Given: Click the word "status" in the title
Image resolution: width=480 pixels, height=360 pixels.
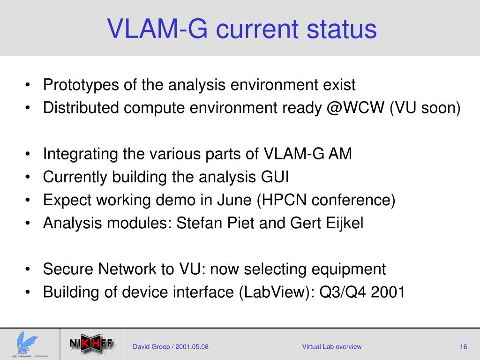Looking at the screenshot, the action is coord(341,29).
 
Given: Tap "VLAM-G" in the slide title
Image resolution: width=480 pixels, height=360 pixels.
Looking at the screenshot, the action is coord(157,29).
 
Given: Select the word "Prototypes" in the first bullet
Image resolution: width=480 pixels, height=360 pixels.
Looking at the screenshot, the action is coord(81,85).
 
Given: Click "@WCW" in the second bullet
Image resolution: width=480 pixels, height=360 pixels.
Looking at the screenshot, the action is coord(355,108).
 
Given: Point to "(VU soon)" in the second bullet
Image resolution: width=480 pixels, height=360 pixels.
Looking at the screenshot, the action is coord(425,108).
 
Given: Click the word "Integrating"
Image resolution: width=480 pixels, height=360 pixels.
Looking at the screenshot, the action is coord(81,154).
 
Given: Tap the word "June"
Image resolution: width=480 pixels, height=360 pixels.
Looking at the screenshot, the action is coord(234,200).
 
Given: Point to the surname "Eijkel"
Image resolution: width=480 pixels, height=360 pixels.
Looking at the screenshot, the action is coord(345,223).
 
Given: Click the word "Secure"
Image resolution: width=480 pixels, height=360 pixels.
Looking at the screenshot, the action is coord(68,269).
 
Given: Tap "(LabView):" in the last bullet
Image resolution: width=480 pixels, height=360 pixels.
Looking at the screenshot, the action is coord(277,292).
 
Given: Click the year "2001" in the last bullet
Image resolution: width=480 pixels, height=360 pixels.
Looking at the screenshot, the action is coord(388,292).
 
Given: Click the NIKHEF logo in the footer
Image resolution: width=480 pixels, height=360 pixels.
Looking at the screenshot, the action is coord(92,344).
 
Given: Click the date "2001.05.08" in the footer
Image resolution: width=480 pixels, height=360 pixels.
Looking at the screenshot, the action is coord(192,347).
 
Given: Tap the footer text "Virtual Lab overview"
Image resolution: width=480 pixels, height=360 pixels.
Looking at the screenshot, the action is coord(332,347).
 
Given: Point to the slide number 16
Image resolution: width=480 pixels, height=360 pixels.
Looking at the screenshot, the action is coord(464,347).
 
